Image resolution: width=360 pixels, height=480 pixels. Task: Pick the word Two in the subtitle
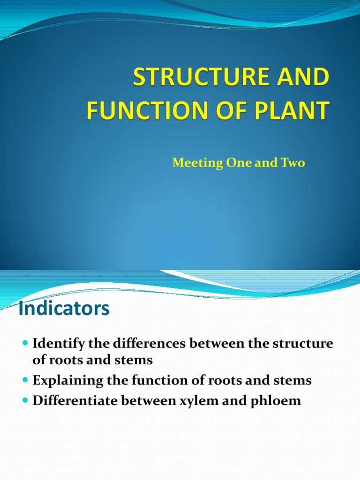pyautogui.click(x=294, y=163)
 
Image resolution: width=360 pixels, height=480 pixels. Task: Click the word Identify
pyautogui.click(x=59, y=344)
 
